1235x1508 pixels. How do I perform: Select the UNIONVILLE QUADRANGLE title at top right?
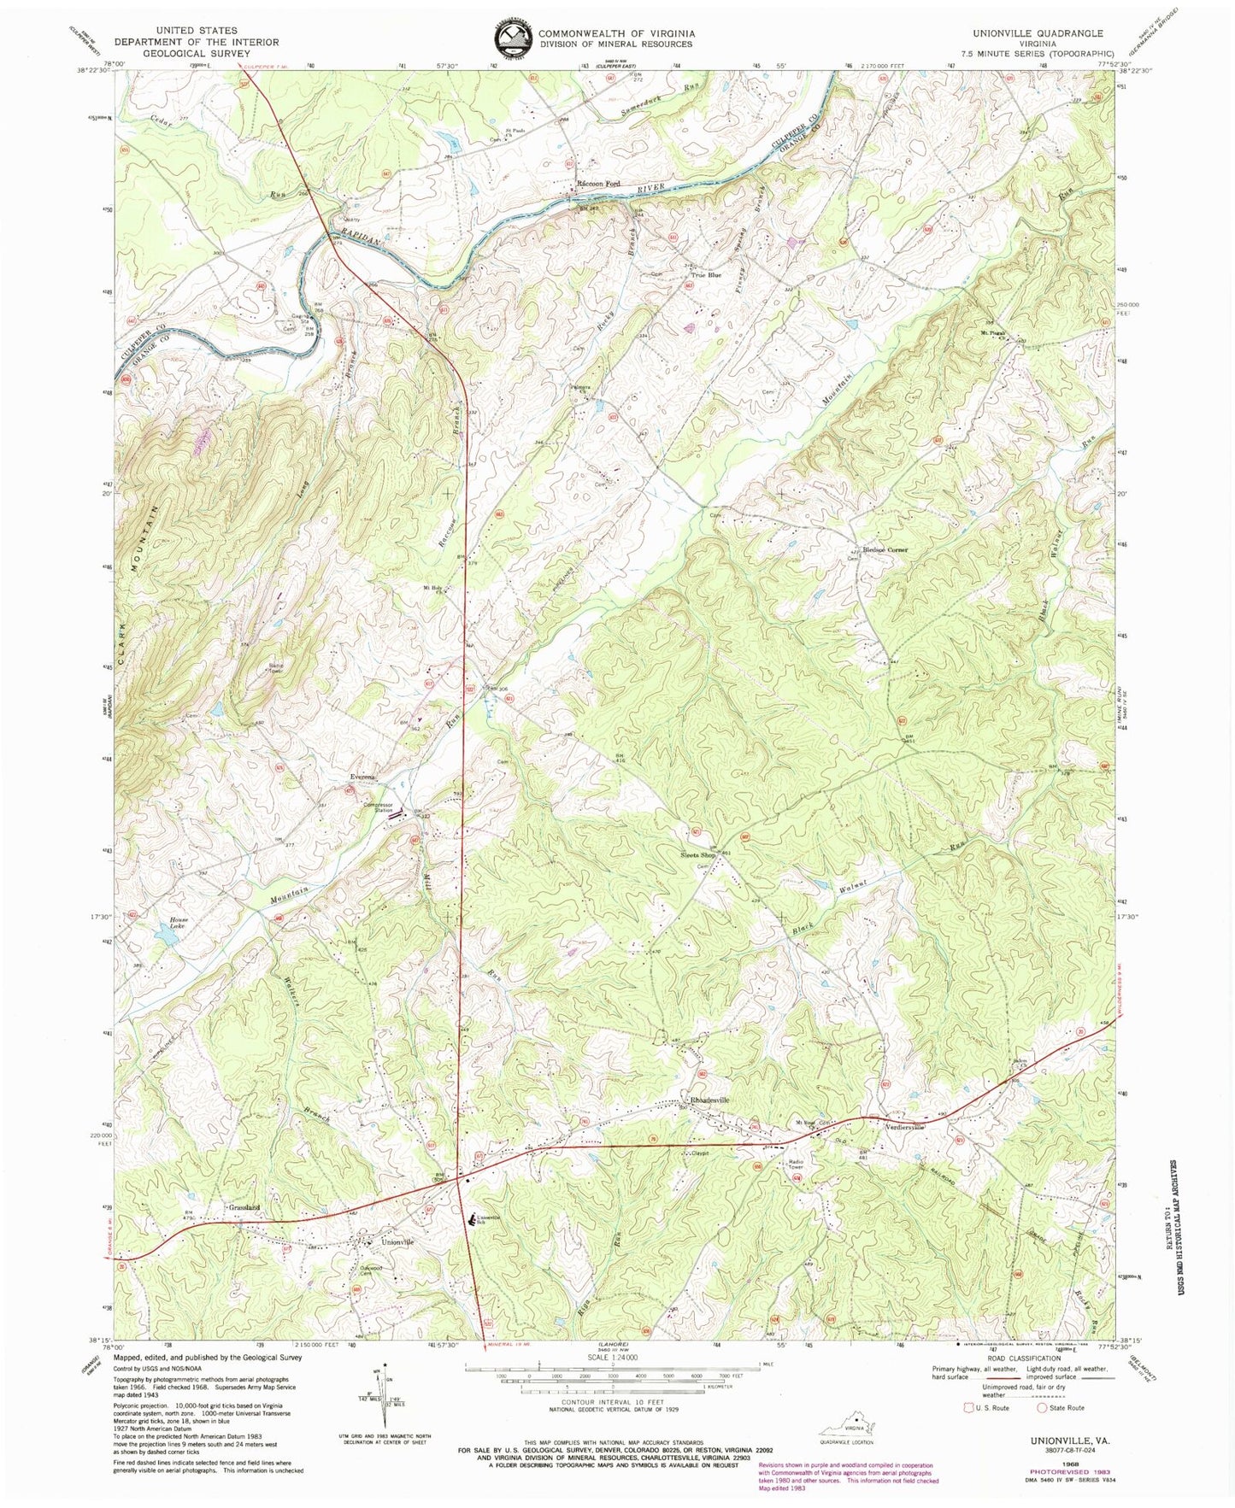(1050, 32)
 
